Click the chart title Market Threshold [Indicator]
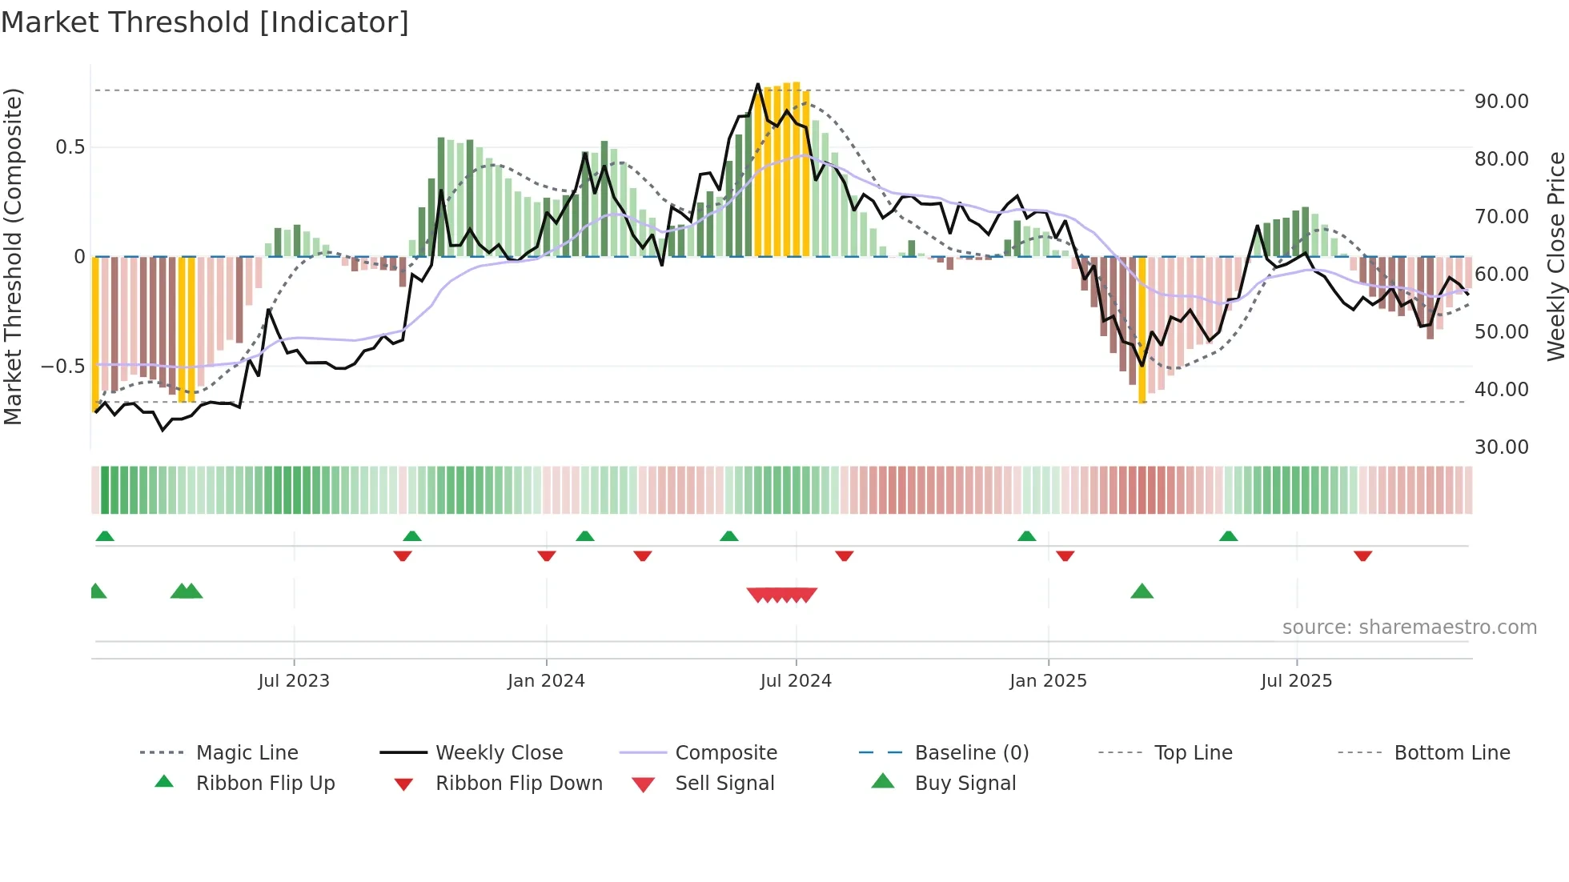(x=205, y=22)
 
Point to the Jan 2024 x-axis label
(x=546, y=680)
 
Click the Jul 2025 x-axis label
(x=1296, y=680)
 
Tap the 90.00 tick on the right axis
(x=1501, y=102)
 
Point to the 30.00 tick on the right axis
(x=1501, y=447)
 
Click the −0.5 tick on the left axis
(x=62, y=367)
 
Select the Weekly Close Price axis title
(x=1555, y=256)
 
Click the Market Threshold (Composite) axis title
(x=13, y=256)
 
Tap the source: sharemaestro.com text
(x=1409, y=627)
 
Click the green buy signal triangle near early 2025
(x=1142, y=591)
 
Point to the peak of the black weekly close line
(x=758, y=84)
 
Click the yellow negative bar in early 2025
(x=1142, y=328)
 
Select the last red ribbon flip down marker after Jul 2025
(x=1362, y=555)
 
